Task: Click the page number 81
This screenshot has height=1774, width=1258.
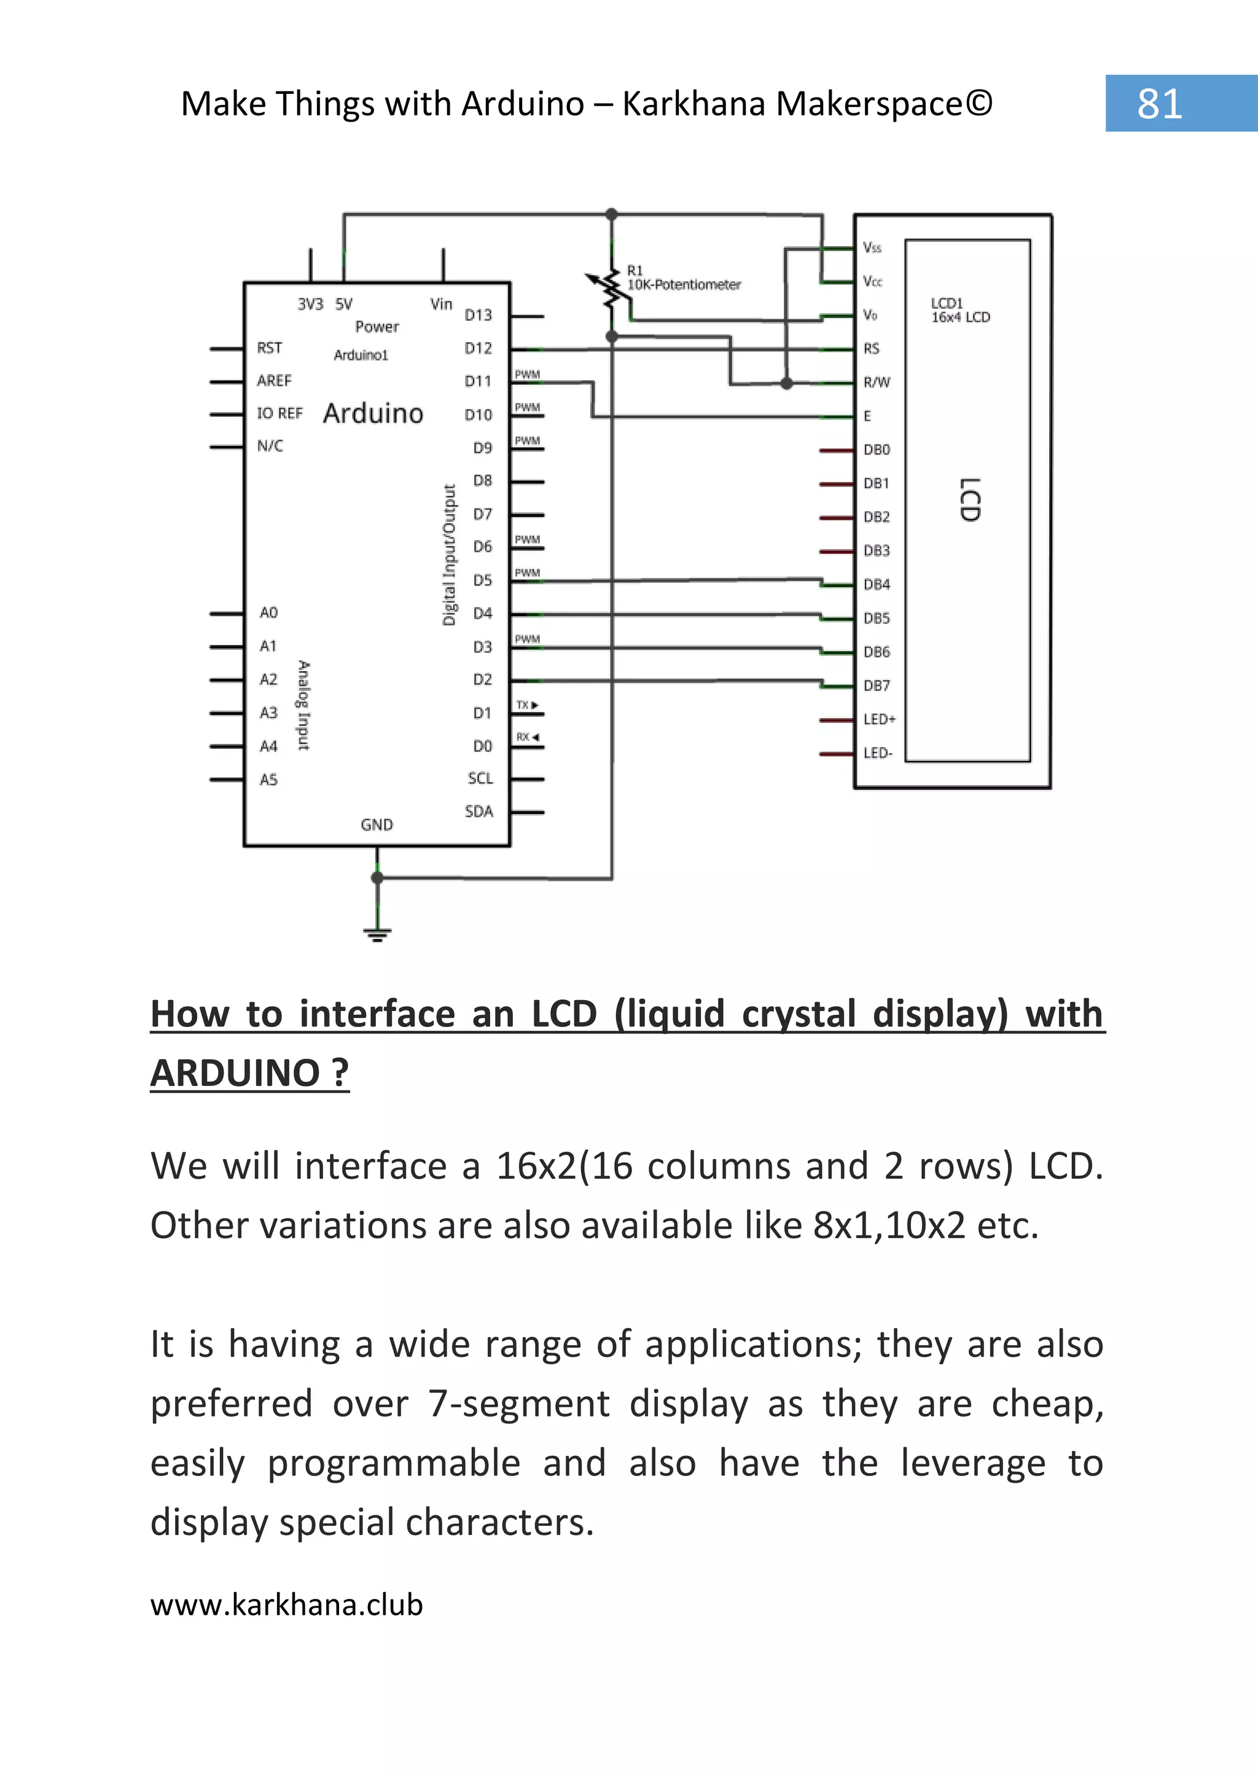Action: [x=1159, y=103]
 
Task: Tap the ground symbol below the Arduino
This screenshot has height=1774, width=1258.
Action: [x=377, y=934]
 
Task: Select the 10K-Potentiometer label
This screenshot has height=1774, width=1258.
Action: [x=684, y=285]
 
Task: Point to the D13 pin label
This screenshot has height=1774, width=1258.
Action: [x=478, y=315]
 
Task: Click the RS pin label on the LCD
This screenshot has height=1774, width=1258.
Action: [x=872, y=349]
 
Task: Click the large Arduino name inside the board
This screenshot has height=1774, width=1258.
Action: [x=373, y=413]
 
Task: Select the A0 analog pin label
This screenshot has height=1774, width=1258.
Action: [x=268, y=613]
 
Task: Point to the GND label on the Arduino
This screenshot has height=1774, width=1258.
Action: [x=377, y=825]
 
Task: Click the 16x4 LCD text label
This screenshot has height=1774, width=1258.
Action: [x=961, y=318]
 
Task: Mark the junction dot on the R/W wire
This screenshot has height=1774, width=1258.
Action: [x=787, y=383]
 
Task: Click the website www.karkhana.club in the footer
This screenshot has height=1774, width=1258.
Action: [x=287, y=1604]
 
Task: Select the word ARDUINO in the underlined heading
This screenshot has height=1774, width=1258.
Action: [x=235, y=1073]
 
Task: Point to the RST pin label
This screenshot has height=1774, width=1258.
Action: [x=270, y=348]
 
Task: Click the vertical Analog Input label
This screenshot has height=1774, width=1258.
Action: [x=303, y=705]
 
